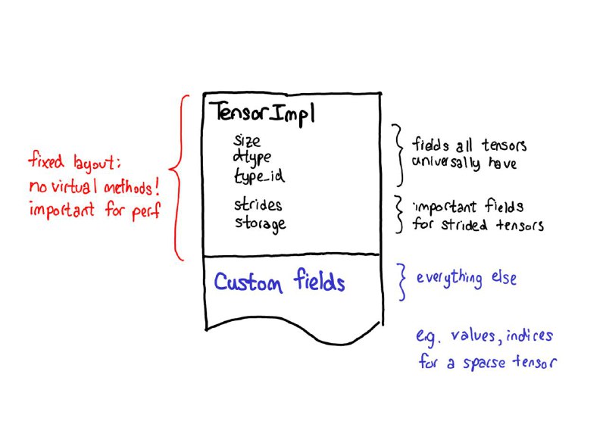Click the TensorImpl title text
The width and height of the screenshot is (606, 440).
coord(264,113)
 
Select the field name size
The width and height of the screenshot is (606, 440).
coord(247,141)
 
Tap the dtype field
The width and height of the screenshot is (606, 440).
coord(252,158)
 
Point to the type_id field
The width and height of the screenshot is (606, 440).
coord(259,176)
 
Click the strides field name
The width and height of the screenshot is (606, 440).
coord(258,204)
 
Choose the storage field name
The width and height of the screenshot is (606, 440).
coord(261,224)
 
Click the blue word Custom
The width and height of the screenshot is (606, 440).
coord(248,282)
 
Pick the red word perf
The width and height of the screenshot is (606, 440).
coord(146,211)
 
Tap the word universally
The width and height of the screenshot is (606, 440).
coord(445,162)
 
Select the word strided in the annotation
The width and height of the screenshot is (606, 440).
coord(464,224)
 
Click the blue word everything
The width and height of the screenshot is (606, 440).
coord(449,278)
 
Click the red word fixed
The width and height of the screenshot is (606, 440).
coord(46,161)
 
